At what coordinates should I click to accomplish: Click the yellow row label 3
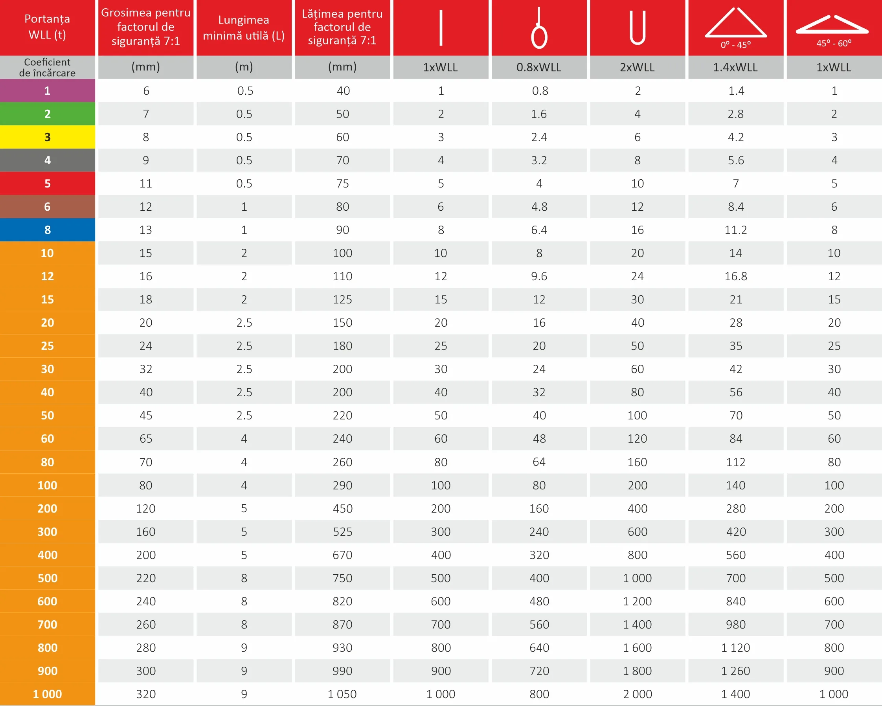click(x=48, y=137)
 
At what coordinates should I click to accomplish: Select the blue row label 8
click(x=48, y=230)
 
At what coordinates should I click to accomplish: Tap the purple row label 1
click(x=48, y=90)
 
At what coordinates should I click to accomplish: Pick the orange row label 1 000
click(x=48, y=694)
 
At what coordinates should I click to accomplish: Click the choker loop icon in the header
click(x=539, y=28)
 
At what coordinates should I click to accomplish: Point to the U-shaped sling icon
click(x=638, y=28)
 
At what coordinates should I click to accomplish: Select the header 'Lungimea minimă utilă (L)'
click(x=244, y=28)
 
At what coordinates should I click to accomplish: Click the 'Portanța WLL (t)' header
click(x=48, y=27)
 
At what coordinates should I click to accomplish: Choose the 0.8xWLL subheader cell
click(x=539, y=67)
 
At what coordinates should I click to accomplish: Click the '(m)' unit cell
click(x=244, y=67)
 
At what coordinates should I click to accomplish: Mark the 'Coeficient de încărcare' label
click(x=48, y=68)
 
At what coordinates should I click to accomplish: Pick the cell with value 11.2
click(x=735, y=230)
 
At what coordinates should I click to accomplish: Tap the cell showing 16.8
click(x=735, y=276)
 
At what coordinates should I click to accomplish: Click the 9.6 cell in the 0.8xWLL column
click(x=539, y=276)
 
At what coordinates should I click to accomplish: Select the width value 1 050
click(x=342, y=694)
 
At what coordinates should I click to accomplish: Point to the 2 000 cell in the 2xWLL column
click(x=638, y=694)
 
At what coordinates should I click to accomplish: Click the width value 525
click(x=342, y=532)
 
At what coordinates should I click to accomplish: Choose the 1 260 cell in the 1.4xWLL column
click(x=735, y=671)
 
